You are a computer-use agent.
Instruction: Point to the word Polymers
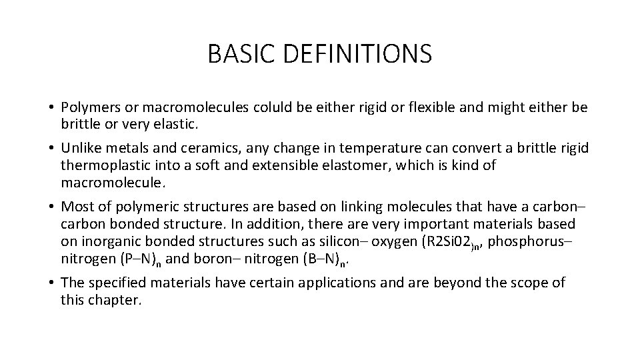click(88, 107)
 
